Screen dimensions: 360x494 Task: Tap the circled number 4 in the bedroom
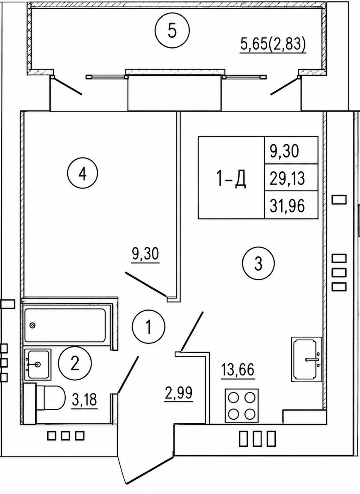[83, 173]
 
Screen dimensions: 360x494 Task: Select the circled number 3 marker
[258, 263]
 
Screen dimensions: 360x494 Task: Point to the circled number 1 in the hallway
[149, 327]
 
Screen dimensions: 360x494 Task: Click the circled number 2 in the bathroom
[75, 363]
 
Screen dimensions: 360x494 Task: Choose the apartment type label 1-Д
[231, 178]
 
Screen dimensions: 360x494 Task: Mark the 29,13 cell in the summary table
[287, 178]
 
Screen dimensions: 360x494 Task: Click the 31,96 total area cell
[287, 205]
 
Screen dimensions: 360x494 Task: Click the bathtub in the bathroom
[65, 325]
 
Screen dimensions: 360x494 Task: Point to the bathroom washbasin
[37, 364]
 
